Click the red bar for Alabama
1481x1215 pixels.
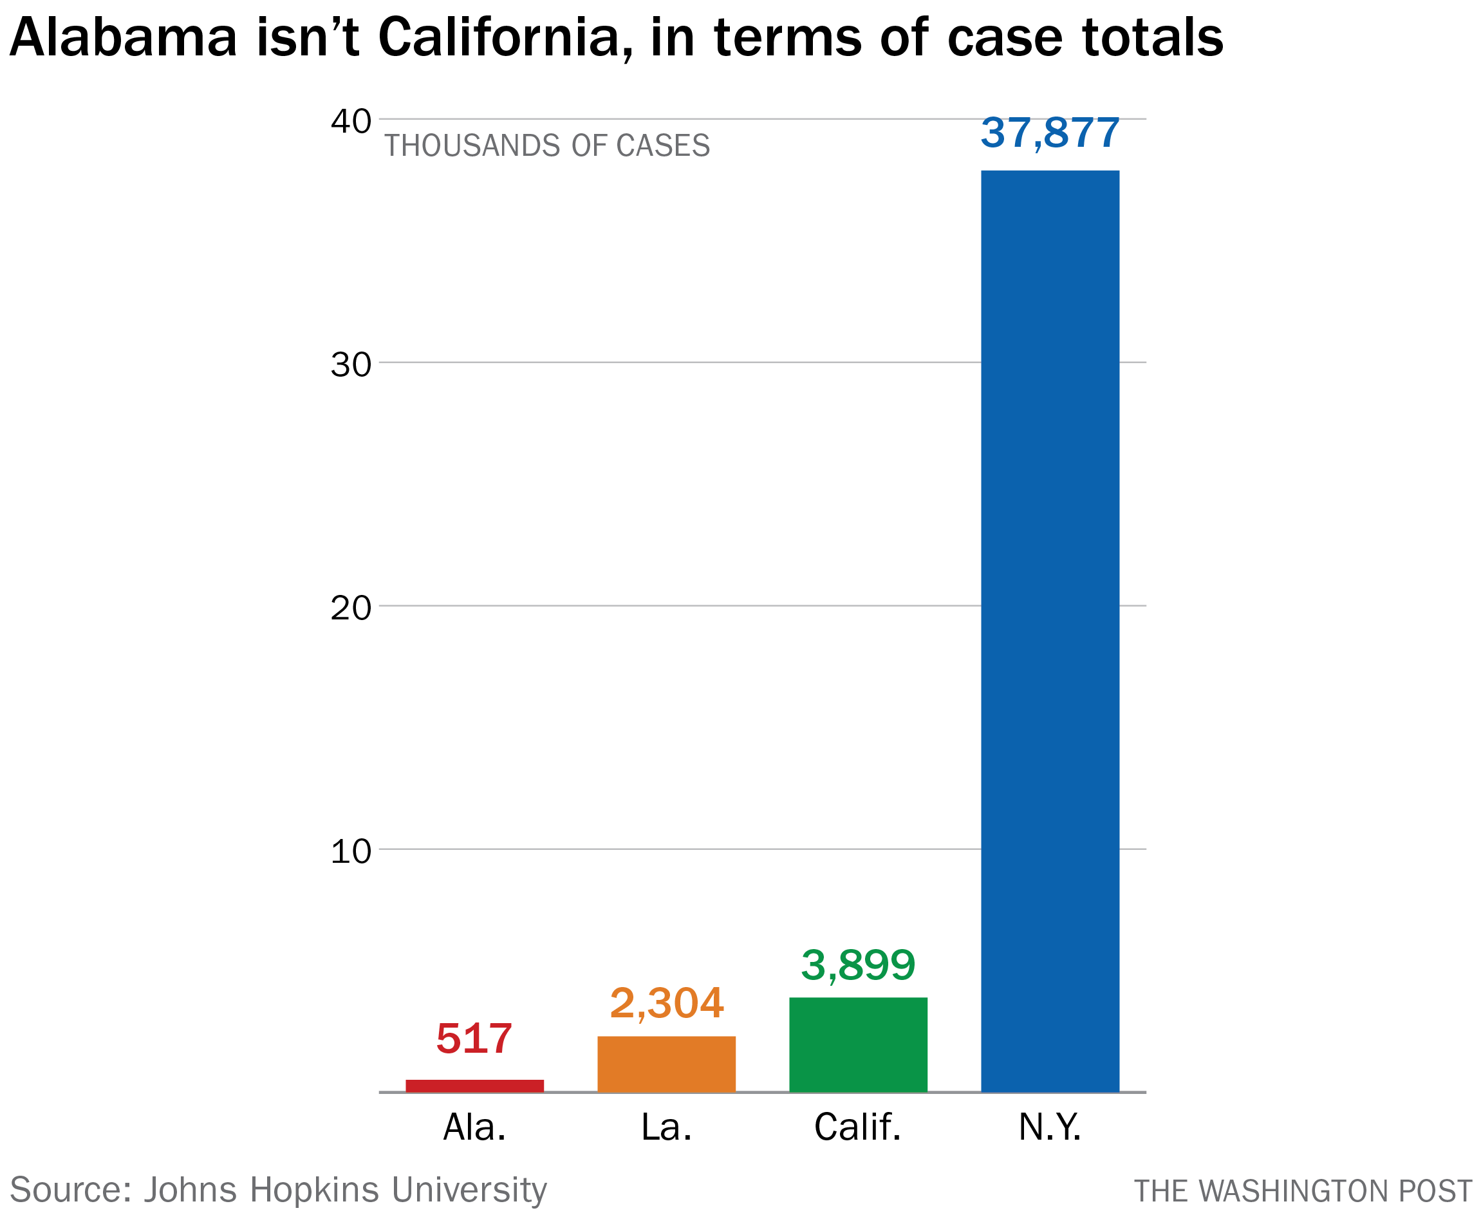[474, 1086]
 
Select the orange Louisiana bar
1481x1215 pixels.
[666, 1063]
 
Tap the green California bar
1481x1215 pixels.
[858, 1044]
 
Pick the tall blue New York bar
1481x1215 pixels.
[1049, 630]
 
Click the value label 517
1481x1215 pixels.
[474, 1039]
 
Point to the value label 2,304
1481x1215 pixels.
[666, 1003]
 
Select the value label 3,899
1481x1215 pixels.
[858, 965]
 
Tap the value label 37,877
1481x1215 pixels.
[1049, 133]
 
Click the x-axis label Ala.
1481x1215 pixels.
[474, 1127]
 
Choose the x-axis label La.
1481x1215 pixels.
[666, 1127]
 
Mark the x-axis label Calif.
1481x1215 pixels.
[858, 1127]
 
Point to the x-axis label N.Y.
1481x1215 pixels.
[1049, 1127]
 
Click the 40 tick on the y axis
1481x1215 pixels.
[351, 121]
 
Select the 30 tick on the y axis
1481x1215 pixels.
[351, 364]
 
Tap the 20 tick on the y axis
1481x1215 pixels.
[351, 608]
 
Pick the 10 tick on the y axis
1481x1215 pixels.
[351, 852]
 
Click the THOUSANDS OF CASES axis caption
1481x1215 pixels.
[547, 146]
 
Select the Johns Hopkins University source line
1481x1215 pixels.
[279, 1190]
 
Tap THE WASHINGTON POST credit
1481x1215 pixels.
[1303, 1191]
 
